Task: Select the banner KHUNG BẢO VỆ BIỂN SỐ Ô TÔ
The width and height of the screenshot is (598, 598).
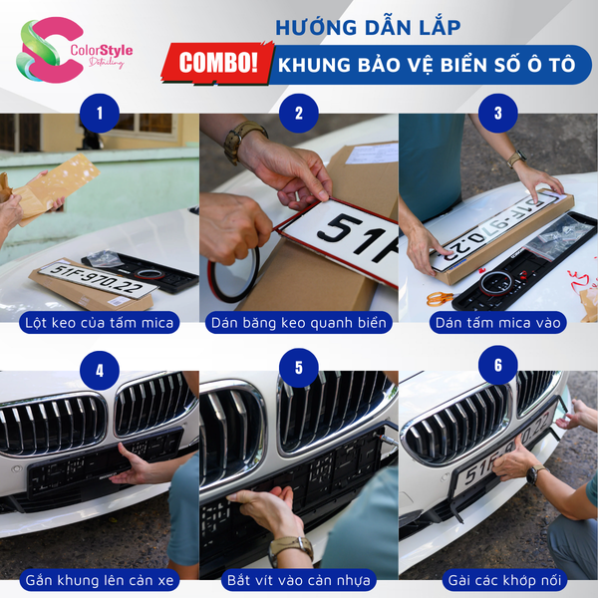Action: tap(434, 64)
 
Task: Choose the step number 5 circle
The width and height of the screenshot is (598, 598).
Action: tap(298, 369)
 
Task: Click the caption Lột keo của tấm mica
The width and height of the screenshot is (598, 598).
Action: tap(99, 323)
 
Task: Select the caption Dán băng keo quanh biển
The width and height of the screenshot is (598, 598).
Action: tap(298, 323)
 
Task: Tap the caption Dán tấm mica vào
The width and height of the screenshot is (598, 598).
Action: tap(497, 323)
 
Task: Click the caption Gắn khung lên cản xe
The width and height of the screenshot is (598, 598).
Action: tap(99, 580)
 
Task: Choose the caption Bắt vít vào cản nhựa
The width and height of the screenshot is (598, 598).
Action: tap(298, 580)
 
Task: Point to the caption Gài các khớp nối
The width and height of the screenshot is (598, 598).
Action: tap(497, 580)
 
